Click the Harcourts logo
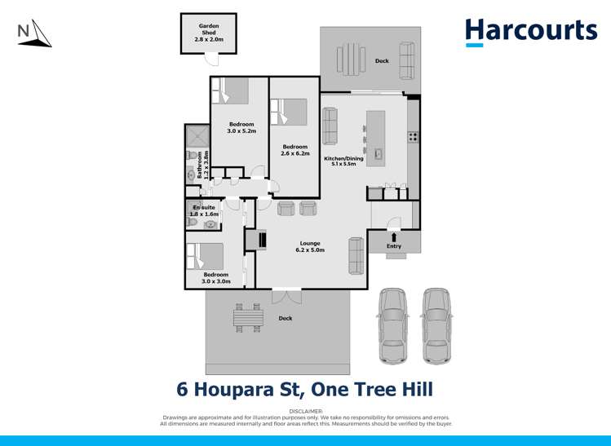pyautogui.click(x=531, y=31)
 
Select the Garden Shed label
pyautogui.click(x=208, y=31)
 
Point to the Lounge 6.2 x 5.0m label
pyautogui.click(x=310, y=246)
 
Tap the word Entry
pyautogui.click(x=394, y=246)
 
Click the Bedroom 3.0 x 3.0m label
pyautogui.click(x=216, y=277)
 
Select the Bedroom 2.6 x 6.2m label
pyautogui.click(x=294, y=150)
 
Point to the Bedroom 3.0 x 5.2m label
pyautogui.click(x=241, y=127)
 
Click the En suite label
pyautogui.click(x=204, y=210)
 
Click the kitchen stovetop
pyautogui.click(x=413, y=137)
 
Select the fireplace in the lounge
pyautogui.click(x=262, y=240)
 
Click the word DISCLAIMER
pyautogui.click(x=306, y=413)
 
